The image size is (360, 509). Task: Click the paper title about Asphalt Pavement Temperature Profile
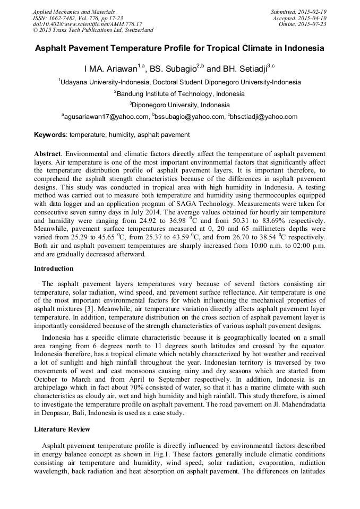tap(179, 48)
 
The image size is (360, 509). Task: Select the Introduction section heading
tap(54, 269)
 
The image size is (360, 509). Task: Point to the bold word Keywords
tap(50, 135)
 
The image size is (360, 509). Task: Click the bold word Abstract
tap(47, 153)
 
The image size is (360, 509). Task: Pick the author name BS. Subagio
tap(172, 70)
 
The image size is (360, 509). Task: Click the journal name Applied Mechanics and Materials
tap(74, 12)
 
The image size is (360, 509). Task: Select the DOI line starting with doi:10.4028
tap(88, 24)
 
